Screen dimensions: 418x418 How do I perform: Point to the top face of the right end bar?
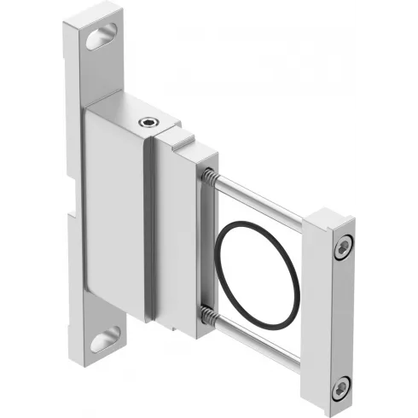click(x=329, y=219)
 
